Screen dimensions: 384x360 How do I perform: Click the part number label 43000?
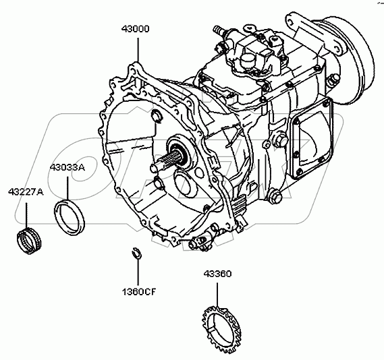[135, 29]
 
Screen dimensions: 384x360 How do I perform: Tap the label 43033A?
[67, 167]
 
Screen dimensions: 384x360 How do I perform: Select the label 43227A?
[26, 191]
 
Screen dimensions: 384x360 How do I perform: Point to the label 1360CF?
[139, 291]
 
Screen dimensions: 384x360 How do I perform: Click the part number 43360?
[217, 274]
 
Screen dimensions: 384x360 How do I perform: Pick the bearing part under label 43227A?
[30, 241]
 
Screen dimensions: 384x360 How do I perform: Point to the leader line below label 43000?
[138, 50]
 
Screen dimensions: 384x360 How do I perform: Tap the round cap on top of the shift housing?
[248, 61]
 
